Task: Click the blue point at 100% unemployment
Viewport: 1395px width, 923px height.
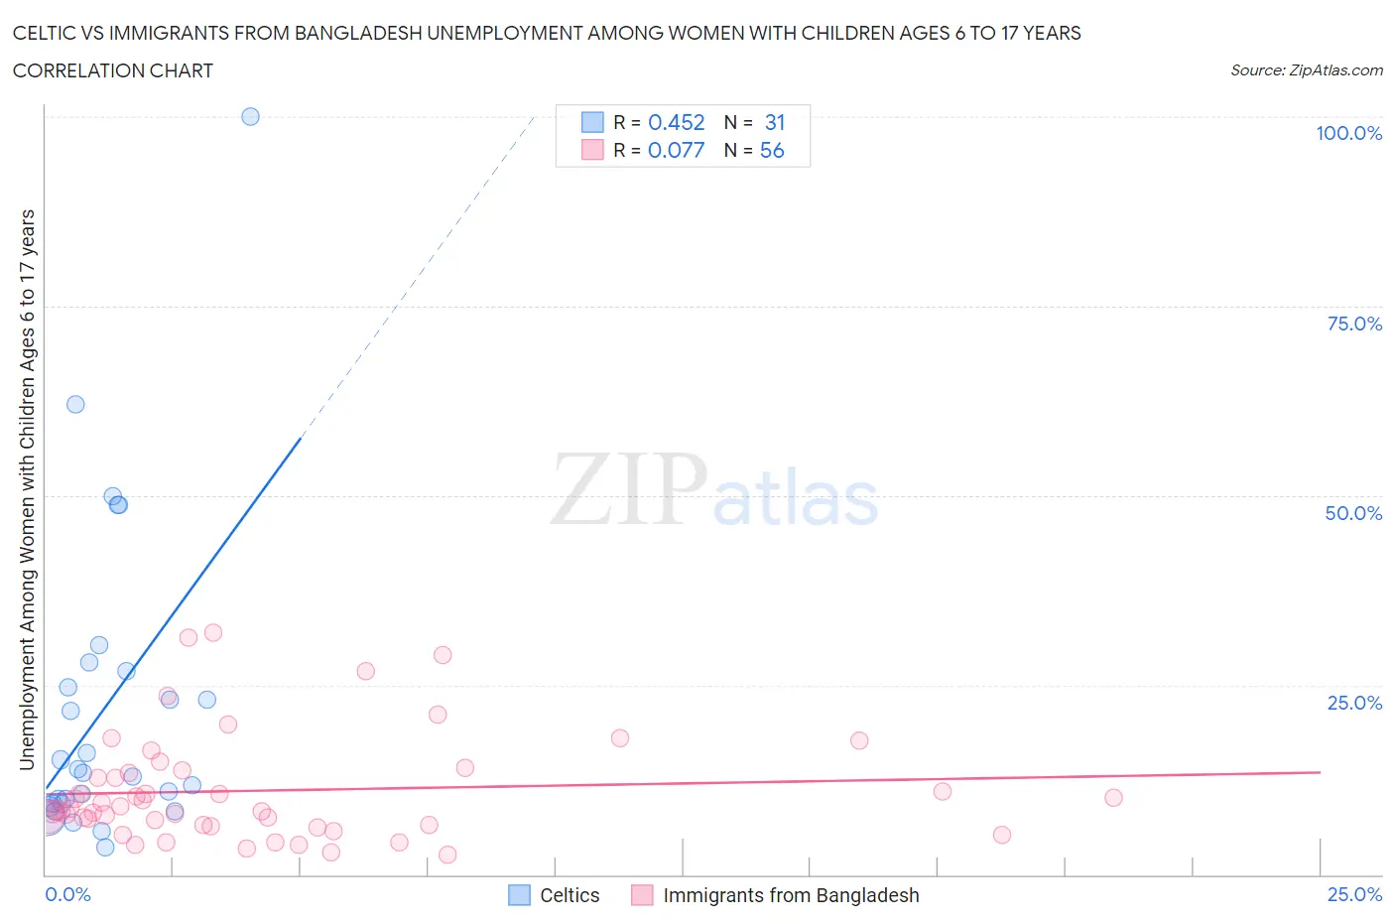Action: pos(250,116)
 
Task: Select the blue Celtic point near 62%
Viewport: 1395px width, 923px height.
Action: pos(75,404)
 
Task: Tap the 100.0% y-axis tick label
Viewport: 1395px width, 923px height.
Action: pos(1348,133)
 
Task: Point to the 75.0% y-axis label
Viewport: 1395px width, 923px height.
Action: pos(1354,324)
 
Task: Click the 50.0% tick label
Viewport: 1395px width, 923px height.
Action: pos(1353,513)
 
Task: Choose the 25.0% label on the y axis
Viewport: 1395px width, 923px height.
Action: pos(1354,703)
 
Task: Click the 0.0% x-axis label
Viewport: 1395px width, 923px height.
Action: pos(67,894)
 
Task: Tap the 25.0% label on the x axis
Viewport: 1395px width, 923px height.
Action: pos(1354,894)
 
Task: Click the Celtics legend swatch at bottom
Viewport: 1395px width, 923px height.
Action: pos(519,895)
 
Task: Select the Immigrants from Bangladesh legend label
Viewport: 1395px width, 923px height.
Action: pos(791,895)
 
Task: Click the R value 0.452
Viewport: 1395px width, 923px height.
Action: pos(676,122)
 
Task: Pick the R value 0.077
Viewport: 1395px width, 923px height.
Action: pos(676,150)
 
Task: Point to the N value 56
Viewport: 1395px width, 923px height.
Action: pos(772,150)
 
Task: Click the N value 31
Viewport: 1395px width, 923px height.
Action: pos(775,122)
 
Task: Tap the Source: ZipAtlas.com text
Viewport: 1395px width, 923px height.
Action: pos(1306,69)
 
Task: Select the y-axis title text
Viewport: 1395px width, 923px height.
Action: pos(27,489)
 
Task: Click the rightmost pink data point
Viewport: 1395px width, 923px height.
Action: pos(1113,798)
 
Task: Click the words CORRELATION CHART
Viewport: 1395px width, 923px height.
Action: pos(112,70)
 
